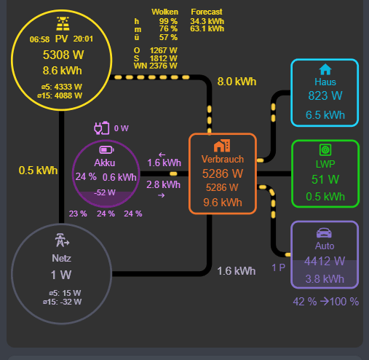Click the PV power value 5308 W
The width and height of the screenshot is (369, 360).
tap(62, 55)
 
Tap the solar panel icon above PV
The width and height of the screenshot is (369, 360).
tap(62, 23)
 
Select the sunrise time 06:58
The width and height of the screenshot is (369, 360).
tap(39, 39)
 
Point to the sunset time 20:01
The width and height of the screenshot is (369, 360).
tap(84, 39)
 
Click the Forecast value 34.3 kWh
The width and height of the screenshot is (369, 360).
tap(207, 22)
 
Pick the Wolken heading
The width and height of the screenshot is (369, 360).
tap(164, 12)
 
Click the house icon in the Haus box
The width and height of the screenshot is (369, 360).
tap(325, 69)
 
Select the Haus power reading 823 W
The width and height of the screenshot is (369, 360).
tap(325, 95)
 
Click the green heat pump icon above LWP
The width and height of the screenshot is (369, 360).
tap(325, 149)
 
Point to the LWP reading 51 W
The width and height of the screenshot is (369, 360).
tap(325, 179)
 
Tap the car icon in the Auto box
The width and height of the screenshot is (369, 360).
tap(325, 232)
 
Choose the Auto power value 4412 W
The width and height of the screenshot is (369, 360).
tap(325, 260)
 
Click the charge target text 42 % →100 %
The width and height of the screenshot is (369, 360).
tap(325, 302)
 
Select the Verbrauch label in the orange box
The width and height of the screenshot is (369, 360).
tap(223, 159)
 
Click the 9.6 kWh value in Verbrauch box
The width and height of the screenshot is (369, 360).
tap(222, 202)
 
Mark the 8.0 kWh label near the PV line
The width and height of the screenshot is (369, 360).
tap(237, 82)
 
